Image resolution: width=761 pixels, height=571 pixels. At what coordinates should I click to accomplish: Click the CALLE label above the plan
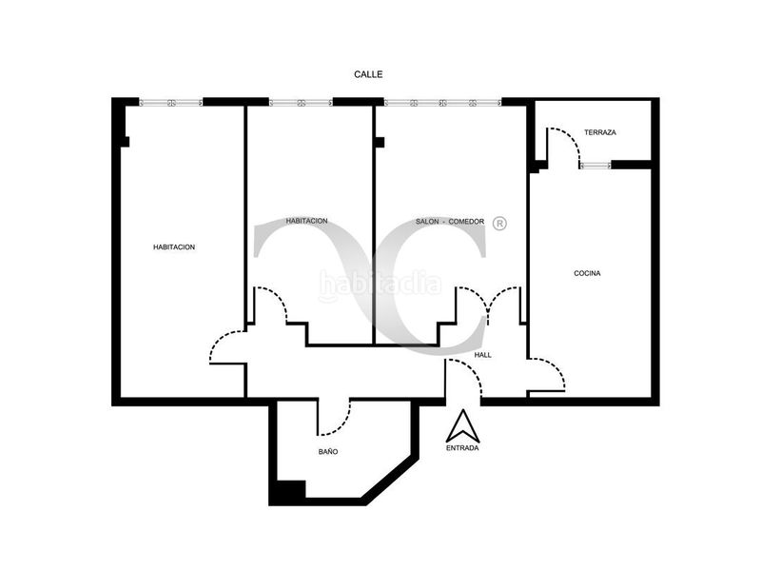(x=368, y=74)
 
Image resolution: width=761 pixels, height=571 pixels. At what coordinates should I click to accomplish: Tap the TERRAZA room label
(x=600, y=132)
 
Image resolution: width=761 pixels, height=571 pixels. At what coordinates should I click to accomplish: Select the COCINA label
(x=587, y=273)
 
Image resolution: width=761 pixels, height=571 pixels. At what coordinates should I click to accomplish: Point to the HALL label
(x=483, y=355)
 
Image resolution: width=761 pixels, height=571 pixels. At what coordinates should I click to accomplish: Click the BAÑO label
(x=328, y=451)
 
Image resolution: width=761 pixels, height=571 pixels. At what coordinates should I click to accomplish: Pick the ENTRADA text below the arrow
(x=462, y=447)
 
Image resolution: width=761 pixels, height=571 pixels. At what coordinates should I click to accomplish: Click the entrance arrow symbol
(x=463, y=425)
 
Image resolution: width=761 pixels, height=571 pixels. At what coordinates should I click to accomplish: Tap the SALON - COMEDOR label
(x=450, y=222)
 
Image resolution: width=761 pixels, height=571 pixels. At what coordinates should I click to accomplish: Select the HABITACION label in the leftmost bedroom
(x=174, y=247)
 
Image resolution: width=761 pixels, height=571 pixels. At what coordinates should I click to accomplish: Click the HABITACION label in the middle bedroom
(x=306, y=221)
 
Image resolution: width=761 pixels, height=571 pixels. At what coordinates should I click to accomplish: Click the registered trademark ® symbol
(x=500, y=223)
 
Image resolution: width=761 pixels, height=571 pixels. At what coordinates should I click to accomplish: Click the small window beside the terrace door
(x=595, y=166)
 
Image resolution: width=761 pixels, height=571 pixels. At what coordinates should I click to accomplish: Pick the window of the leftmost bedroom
(x=171, y=103)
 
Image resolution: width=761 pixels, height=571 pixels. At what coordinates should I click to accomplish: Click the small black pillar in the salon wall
(x=380, y=142)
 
